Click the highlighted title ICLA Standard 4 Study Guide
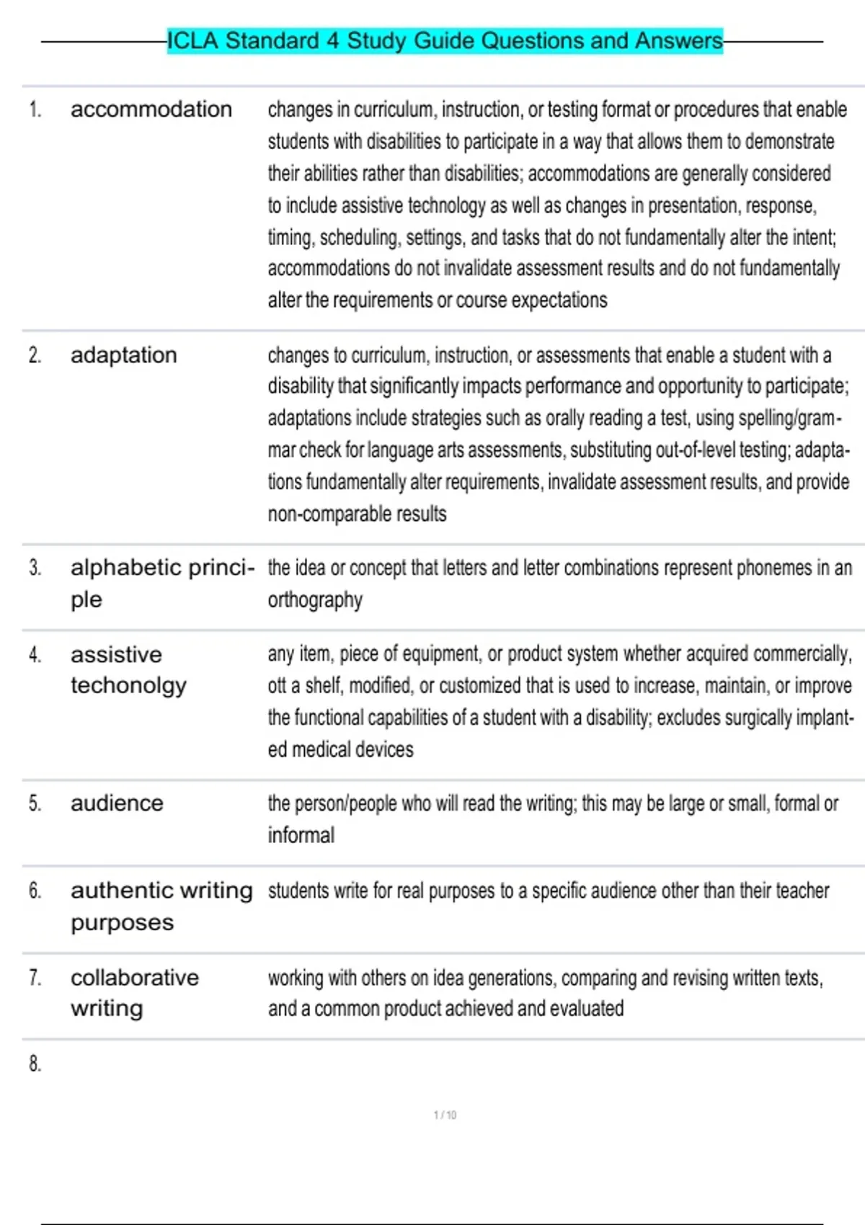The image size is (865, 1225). click(x=445, y=40)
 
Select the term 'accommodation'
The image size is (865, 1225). click(x=151, y=110)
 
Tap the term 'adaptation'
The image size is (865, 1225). click(x=123, y=355)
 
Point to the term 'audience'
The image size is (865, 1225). click(x=117, y=803)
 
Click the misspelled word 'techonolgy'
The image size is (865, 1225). click(x=128, y=685)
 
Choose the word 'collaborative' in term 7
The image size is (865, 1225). click(x=135, y=978)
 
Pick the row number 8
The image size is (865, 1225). click(x=35, y=1064)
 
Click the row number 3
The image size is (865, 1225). click(x=35, y=569)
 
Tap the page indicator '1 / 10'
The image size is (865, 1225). click(x=445, y=1115)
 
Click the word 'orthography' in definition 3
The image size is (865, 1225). click(x=315, y=600)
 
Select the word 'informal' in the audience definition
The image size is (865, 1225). click(x=301, y=835)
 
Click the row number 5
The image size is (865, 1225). click(x=35, y=803)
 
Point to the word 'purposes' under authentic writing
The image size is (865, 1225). click(x=122, y=923)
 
